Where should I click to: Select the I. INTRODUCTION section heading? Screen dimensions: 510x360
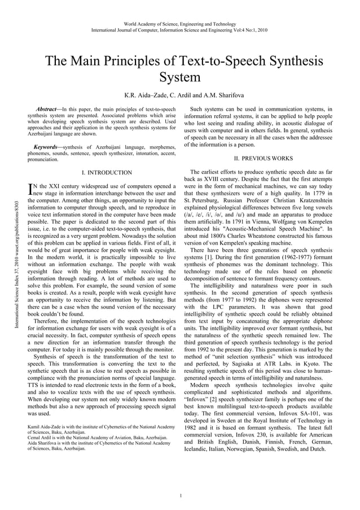point(107,172)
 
